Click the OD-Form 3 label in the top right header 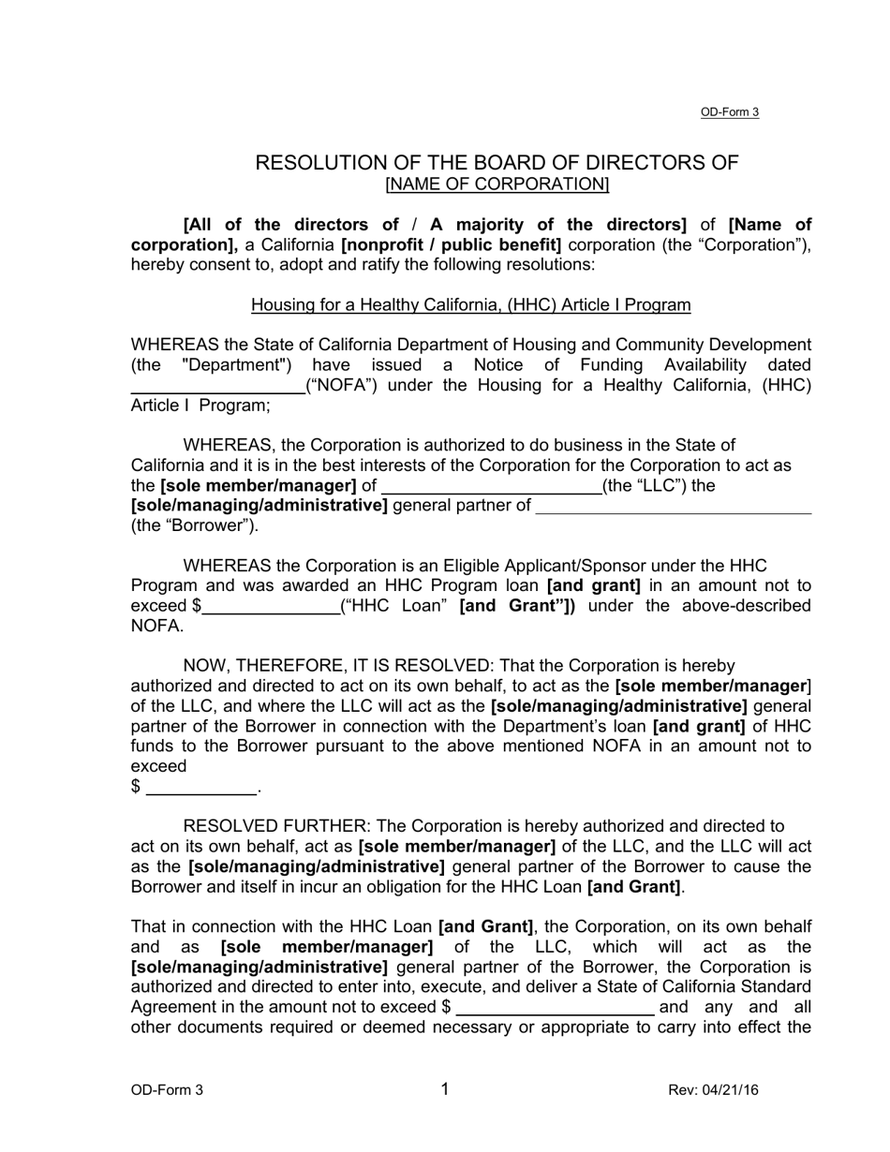click(x=729, y=112)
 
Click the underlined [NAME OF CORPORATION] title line click(x=497, y=185)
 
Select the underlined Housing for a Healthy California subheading click(x=470, y=305)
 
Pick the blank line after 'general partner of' click(x=673, y=509)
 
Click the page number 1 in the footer click(x=445, y=1088)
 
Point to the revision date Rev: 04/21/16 click(x=713, y=1090)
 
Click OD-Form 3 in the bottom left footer click(x=167, y=1090)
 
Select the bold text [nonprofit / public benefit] click(x=452, y=245)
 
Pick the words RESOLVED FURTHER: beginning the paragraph click(x=276, y=826)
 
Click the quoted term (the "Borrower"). click(x=194, y=525)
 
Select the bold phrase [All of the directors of click(x=291, y=225)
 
